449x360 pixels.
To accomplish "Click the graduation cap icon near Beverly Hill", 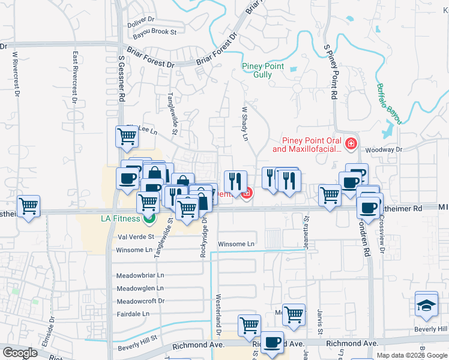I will [x=426, y=305].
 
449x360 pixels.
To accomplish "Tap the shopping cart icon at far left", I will [x=29, y=206].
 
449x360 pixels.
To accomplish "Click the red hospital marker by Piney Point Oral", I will [x=351, y=144].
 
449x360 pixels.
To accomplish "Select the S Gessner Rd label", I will [x=121, y=78].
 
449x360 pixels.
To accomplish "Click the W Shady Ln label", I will [x=245, y=124].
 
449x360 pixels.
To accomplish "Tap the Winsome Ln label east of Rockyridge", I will [x=236, y=244].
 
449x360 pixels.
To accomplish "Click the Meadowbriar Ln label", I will [x=140, y=275].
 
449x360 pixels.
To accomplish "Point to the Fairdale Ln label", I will [x=133, y=314].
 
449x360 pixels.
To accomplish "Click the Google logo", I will [x=21, y=353].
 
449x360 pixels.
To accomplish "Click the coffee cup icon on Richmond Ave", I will [x=272, y=342].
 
